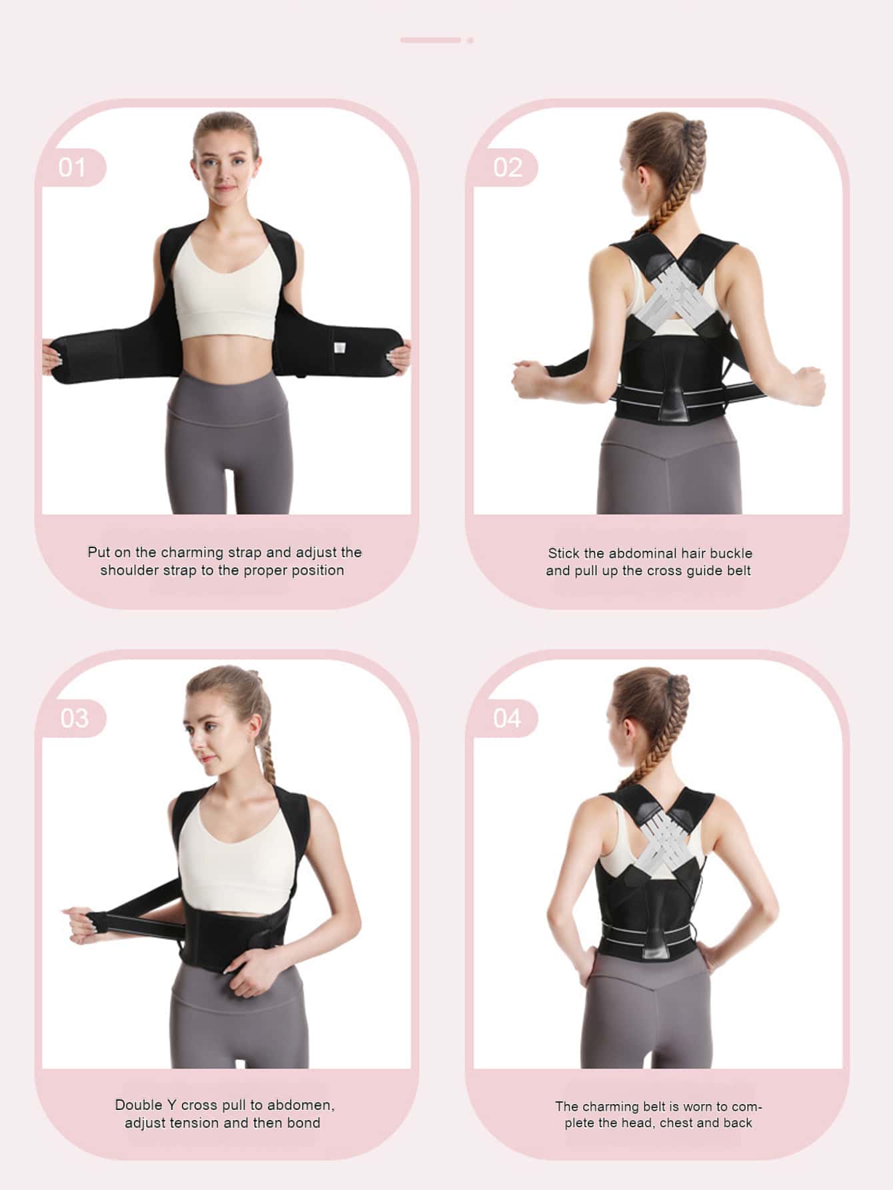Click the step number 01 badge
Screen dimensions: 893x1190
click(x=72, y=167)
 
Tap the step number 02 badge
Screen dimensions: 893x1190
click(x=506, y=167)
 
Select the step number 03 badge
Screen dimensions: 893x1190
click(x=73, y=718)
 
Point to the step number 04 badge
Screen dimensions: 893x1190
click(x=506, y=718)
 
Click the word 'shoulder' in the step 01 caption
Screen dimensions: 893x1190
click(x=130, y=570)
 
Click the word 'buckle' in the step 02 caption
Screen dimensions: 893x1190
click(x=731, y=553)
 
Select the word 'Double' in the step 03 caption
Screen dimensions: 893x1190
click(x=138, y=1105)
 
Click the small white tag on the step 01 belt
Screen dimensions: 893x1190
click(x=339, y=349)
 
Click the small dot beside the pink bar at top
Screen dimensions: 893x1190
click(x=470, y=40)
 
